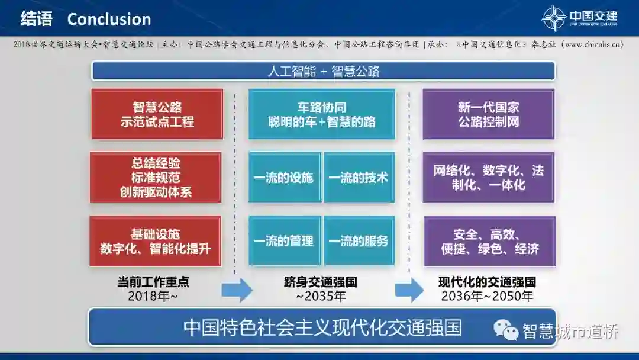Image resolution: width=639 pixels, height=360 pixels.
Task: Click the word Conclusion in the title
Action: tap(109, 19)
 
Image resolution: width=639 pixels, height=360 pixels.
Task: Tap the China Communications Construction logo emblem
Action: tap(554, 18)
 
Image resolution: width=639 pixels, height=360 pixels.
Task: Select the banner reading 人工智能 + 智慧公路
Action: tap(323, 72)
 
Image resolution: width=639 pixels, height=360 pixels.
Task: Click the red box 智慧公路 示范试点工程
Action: tap(157, 114)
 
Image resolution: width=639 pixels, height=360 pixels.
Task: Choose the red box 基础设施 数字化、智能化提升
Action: tap(156, 241)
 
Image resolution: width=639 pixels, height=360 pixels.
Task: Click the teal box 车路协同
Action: tap(321, 114)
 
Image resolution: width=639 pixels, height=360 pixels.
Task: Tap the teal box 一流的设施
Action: tap(285, 177)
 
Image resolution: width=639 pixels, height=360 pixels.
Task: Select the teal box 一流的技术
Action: tap(359, 177)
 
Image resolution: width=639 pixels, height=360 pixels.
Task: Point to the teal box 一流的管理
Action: tap(285, 241)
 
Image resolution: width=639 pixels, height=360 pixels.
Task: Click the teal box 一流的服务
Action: tap(359, 241)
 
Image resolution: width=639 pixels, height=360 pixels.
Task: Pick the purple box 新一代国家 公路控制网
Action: tap(489, 114)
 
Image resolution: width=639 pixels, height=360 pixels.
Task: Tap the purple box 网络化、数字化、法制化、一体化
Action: tap(489, 177)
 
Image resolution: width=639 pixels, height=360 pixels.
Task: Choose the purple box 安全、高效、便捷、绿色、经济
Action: tap(489, 241)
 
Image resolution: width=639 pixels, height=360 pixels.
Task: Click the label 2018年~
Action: tap(153, 296)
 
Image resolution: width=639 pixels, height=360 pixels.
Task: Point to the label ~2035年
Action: tap(321, 296)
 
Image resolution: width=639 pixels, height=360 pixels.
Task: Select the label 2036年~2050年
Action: tap(487, 296)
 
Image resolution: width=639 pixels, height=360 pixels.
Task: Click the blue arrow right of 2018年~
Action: tap(237, 290)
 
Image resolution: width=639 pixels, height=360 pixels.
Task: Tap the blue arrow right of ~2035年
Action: tap(409, 290)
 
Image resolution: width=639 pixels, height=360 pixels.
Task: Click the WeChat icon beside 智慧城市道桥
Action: tap(506, 330)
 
